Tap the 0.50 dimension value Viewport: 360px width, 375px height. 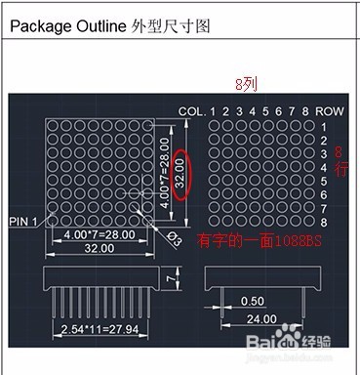pyautogui.click(x=253, y=300)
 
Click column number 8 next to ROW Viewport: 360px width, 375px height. pyautogui.click(x=305, y=111)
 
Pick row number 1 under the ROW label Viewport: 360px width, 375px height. pyautogui.click(x=325, y=127)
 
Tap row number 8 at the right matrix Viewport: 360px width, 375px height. pyautogui.click(x=325, y=223)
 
